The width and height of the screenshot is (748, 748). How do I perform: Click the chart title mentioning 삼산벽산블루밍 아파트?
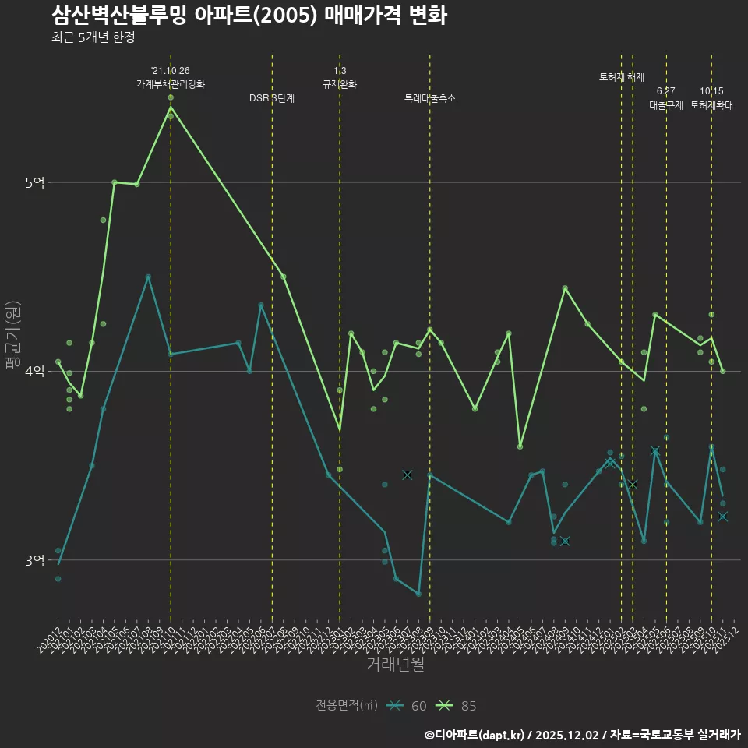(249, 16)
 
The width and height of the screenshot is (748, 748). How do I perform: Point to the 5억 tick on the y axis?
(36, 183)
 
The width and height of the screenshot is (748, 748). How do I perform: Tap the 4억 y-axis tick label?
(36, 372)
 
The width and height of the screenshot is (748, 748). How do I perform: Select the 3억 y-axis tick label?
(36, 560)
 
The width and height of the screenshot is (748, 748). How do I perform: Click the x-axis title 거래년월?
(395, 665)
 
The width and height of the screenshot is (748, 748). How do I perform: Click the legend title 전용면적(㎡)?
(346, 706)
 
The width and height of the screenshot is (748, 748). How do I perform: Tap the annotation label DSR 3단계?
(272, 98)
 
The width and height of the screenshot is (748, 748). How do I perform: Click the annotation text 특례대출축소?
(429, 98)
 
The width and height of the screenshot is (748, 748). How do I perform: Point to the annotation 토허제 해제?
(621, 77)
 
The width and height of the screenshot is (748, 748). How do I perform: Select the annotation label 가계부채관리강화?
(171, 83)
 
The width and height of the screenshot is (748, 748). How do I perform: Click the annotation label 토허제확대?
(711, 104)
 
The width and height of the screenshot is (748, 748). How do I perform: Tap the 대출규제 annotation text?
(666, 104)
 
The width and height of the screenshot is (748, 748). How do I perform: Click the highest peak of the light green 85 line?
(171, 107)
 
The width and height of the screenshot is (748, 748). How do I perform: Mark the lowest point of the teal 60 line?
(418, 594)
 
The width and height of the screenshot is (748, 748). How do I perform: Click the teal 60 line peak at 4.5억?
(148, 277)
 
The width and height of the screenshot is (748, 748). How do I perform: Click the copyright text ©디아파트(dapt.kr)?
(475, 735)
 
